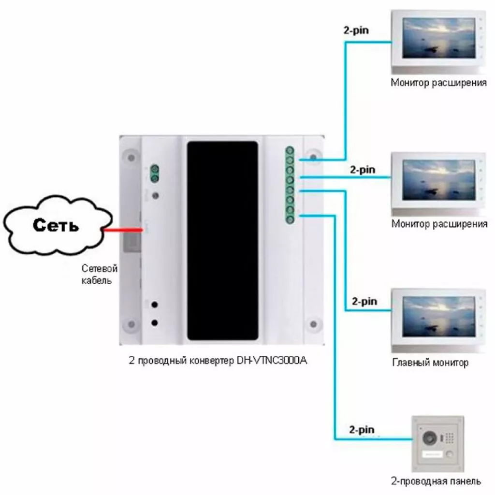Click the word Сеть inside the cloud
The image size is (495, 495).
pyautogui.click(x=56, y=225)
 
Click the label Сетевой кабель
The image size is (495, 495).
pyautogui.click(x=99, y=274)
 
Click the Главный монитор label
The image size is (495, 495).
pyautogui.click(x=430, y=363)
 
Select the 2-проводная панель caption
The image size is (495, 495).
pyautogui.click(x=437, y=481)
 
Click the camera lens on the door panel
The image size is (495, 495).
pyautogui.click(x=429, y=438)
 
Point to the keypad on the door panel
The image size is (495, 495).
pyautogui.click(x=449, y=438)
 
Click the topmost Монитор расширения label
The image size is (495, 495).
pyautogui.click(x=438, y=83)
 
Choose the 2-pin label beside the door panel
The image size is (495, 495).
pyautogui.click(x=361, y=429)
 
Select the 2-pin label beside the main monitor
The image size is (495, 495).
pyautogui.click(x=364, y=302)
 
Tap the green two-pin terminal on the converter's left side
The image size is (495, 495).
pyautogui.click(x=155, y=174)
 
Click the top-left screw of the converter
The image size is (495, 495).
pyautogui.click(x=130, y=158)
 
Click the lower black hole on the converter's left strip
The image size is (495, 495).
pyautogui.click(x=155, y=322)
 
